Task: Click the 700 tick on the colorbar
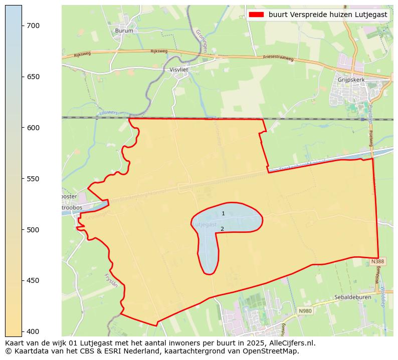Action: (33, 26)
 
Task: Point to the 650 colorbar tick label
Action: (33, 77)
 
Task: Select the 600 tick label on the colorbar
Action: (33, 128)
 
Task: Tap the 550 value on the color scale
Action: (33, 179)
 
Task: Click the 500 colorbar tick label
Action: (33, 230)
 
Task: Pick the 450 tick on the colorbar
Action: (33, 280)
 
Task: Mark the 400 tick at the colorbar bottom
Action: (33, 331)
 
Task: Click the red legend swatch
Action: (256, 15)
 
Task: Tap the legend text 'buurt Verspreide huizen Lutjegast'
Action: (328, 15)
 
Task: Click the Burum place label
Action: (124, 31)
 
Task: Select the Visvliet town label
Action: (178, 70)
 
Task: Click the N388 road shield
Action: (377, 262)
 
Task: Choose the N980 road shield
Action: (305, 311)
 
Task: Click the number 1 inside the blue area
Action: (223, 214)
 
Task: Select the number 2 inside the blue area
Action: (222, 229)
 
